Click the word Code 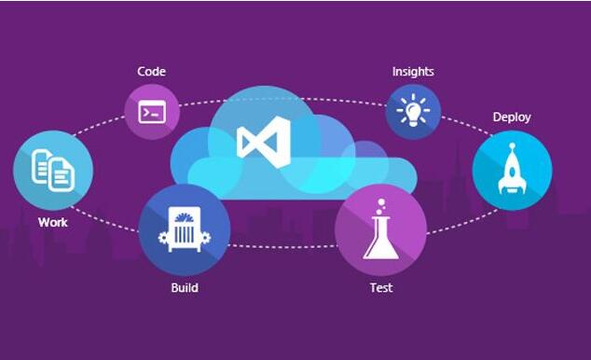pyautogui.click(x=152, y=71)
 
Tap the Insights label pyautogui.click(x=413, y=72)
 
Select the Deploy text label pyautogui.click(x=512, y=118)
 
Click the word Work pyautogui.click(x=53, y=222)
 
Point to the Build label pyautogui.click(x=185, y=287)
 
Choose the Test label pyautogui.click(x=381, y=288)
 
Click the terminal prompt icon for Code pyautogui.click(x=152, y=112)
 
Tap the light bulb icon pyautogui.click(x=413, y=110)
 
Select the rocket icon pyautogui.click(x=512, y=169)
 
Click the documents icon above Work pyautogui.click(x=53, y=171)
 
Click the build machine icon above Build pyautogui.click(x=185, y=229)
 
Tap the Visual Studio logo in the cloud pyautogui.click(x=264, y=142)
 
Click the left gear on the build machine pyautogui.click(x=163, y=238)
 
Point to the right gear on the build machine pyautogui.click(x=206, y=238)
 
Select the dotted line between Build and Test pyautogui.click(x=282, y=247)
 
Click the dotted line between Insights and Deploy pyautogui.click(x=467, y=125)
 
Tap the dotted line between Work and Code pyautogui.click(x=99, y=125)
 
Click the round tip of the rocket pyautogui.click(x=512, y=145)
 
